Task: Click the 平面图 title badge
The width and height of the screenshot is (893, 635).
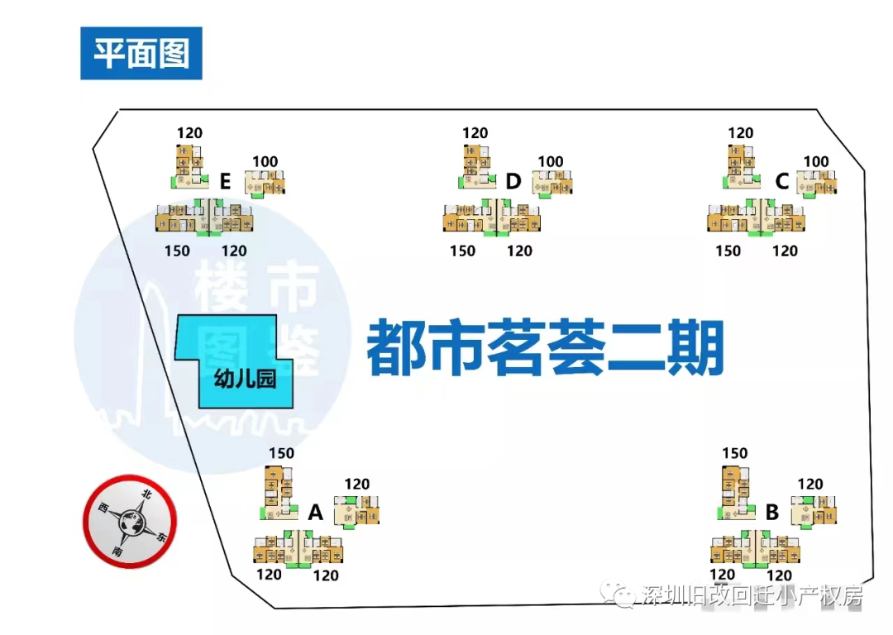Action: (x=141, y=54)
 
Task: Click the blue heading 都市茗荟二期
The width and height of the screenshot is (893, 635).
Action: (x=546, y=347)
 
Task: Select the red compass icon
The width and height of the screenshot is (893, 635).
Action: (x=130, y=521)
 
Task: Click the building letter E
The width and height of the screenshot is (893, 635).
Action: (x=226, y=180)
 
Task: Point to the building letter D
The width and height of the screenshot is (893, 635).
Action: (x=513, y=181)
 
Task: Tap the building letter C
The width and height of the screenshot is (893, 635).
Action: (x=781, y=181)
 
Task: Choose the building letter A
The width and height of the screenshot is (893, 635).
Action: (x=315, y=513)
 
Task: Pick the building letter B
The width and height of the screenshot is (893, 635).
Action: (x=772, y=513)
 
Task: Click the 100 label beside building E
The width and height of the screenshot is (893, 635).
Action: (x=265, y=162)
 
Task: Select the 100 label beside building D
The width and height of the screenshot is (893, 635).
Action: (x=551, y=162)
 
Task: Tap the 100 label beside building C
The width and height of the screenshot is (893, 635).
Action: (x=816, y=162)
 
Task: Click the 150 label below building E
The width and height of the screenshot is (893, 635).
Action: (x=177, y=251)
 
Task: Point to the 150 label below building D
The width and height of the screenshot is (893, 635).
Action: (x=462, y=251)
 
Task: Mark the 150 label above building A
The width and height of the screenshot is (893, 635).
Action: (x=281, y=453)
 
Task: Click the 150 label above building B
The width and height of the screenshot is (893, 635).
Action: (x=734, y=453)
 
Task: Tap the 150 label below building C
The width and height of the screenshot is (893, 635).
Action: (x=728, y=251)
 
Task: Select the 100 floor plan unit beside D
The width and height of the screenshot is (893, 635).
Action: (x=552, y=184)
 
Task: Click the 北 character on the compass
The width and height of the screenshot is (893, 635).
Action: (x=146, y=494)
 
